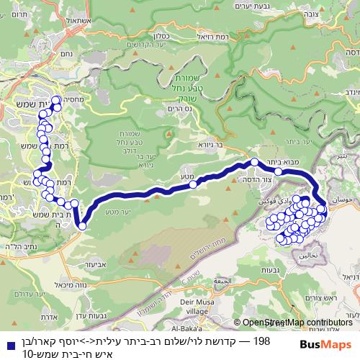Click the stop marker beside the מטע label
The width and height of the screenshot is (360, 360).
193,184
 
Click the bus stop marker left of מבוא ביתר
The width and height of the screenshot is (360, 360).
254,163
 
